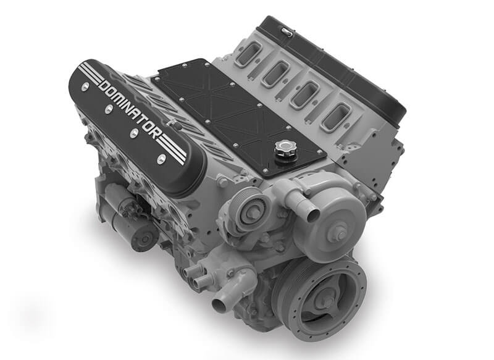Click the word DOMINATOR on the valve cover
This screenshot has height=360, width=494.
[132, 109]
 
